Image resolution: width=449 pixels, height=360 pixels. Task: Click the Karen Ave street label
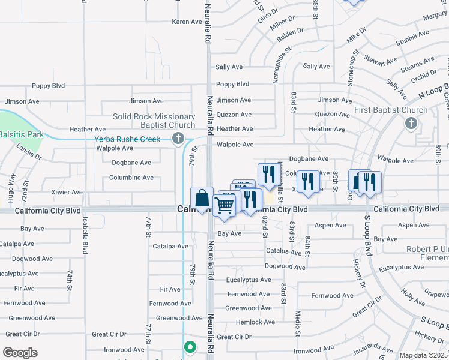[187, 22]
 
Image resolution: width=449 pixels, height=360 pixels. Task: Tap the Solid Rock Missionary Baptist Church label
[154, 121]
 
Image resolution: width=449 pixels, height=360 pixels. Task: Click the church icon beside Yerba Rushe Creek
[178, 139]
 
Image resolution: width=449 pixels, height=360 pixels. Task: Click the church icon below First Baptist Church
[411, 124]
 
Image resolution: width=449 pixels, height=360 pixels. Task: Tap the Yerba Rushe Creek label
[127, 139]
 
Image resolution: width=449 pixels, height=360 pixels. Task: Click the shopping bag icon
[202, 197]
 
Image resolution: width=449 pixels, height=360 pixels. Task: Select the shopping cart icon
[224, 205]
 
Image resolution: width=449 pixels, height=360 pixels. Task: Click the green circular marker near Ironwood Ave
[190, 346]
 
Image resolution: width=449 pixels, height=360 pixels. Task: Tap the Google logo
[20, 353]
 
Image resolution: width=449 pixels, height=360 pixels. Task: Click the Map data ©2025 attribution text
[423, 355]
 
